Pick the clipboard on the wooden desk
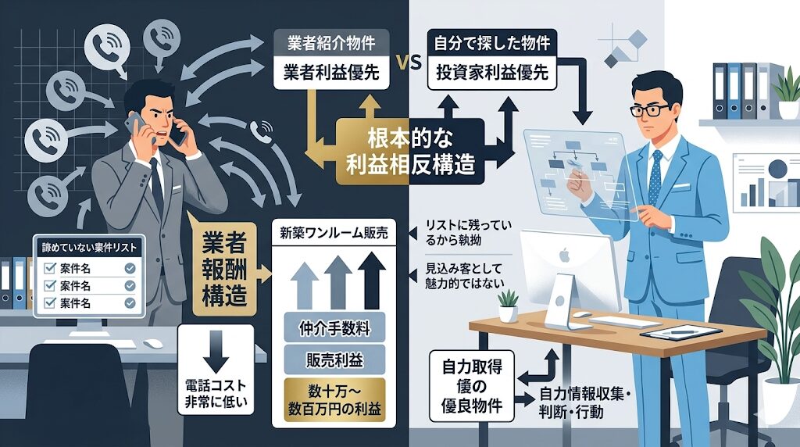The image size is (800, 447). [x=679, y=331]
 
